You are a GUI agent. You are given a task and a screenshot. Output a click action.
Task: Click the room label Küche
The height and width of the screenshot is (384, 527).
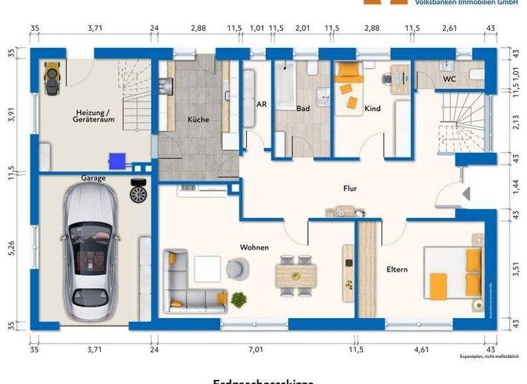coord(198,119)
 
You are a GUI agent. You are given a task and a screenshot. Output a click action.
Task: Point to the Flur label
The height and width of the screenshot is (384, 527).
coord(351,187)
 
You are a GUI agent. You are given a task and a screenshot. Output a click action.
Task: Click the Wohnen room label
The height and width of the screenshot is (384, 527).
coord(254,247)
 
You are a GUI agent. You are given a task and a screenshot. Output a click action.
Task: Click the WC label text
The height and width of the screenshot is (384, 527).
coord(449,79)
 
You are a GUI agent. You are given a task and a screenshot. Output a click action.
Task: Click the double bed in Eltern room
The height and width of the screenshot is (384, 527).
coord(454,273)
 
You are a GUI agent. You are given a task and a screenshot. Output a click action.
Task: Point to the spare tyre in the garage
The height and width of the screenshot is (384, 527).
coord(138,191)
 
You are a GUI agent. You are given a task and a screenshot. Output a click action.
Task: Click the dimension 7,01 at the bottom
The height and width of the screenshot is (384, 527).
coord(256,350)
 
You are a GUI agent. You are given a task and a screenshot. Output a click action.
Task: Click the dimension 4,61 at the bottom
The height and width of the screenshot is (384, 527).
coord(422,350)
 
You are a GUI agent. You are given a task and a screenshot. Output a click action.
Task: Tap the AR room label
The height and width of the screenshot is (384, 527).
coord(261,105)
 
